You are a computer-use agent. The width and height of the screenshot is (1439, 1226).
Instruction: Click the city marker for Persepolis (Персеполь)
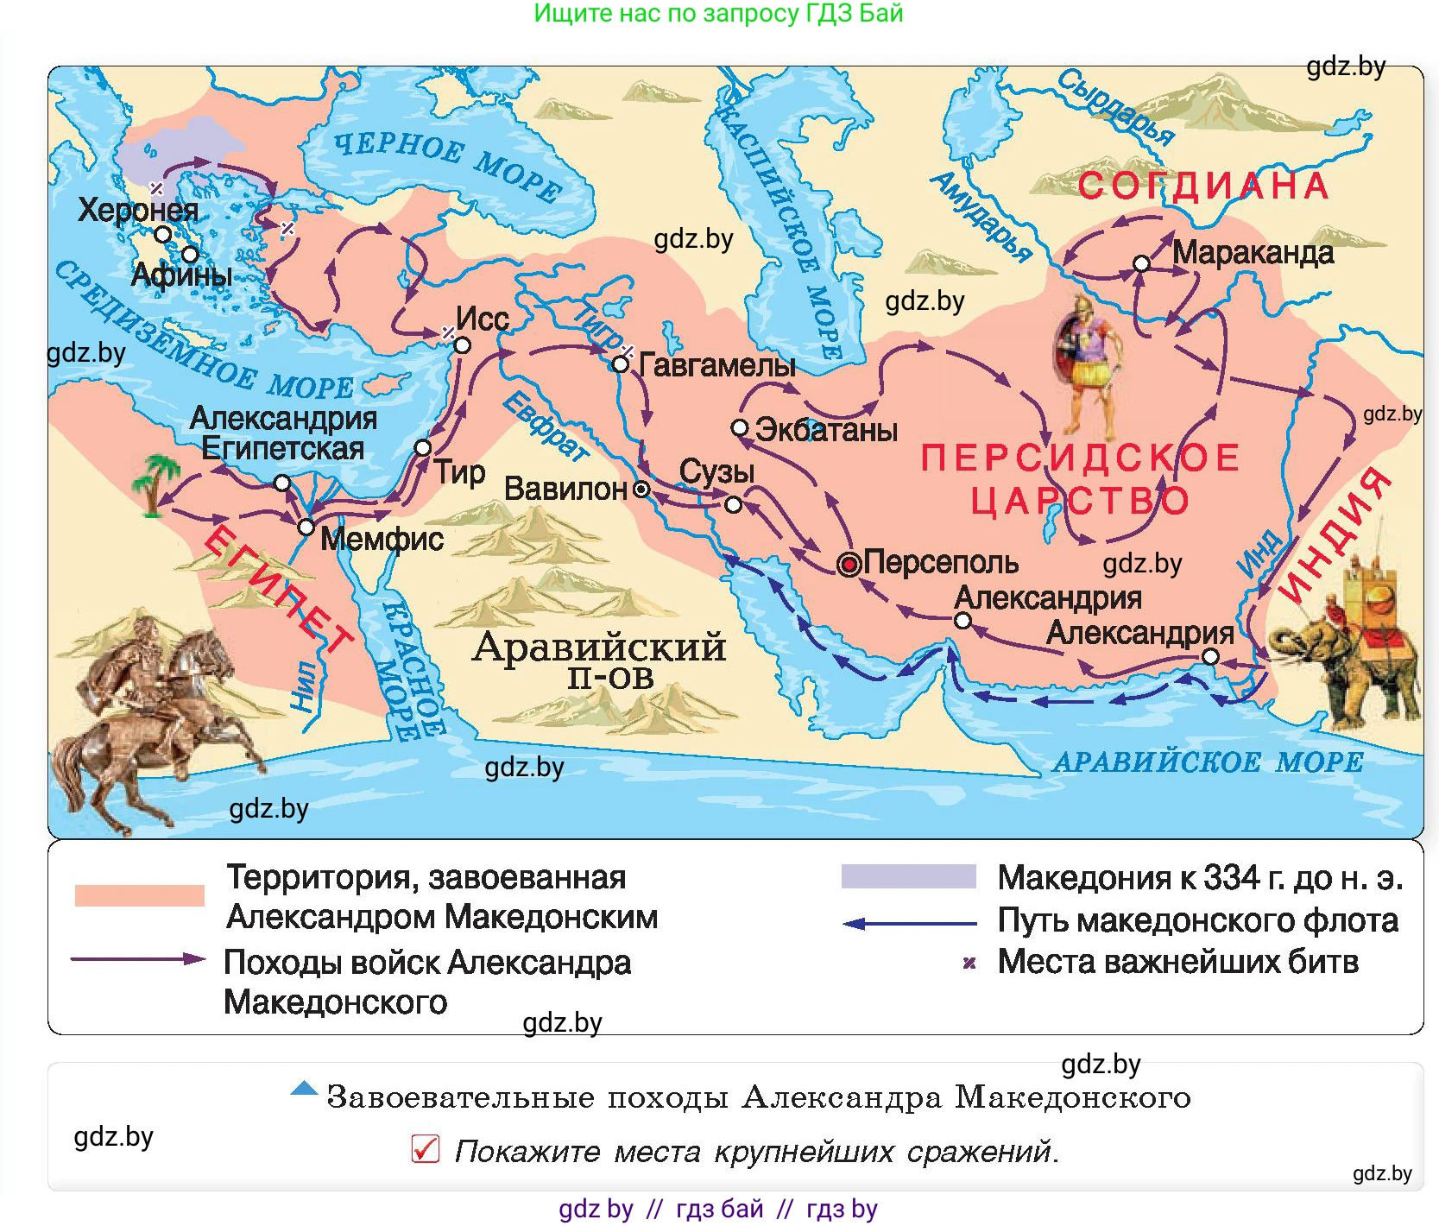click(x=849, y=565)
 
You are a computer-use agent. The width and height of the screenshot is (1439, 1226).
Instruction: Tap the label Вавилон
click(x=565, y=490)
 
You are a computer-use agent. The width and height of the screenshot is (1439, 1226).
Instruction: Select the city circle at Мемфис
click(x=306, y=527)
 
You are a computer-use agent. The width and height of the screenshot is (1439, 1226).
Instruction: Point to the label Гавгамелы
click(x=716, y=365)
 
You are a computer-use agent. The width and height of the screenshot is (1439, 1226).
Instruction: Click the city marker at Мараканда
click(x=1141, y=263)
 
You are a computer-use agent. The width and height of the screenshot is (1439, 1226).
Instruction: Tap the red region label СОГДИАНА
click(x=1203, y=186)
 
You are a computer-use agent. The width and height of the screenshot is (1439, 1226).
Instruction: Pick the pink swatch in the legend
click(x=139, y=895)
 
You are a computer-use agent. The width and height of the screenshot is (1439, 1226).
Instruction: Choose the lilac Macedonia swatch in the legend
click(x=908, y=876)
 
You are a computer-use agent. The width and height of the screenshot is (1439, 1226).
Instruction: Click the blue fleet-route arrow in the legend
click(x=908, y=924)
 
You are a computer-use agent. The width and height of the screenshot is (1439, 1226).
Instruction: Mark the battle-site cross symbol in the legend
click(x=969, y=963)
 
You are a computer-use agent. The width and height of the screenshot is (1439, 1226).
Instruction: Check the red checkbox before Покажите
click(x=426, y=1149)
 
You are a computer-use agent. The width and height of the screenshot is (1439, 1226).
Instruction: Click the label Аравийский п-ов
click(x=600, y=660)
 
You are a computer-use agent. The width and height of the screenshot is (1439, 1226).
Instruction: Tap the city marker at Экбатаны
click(x=739, y=428)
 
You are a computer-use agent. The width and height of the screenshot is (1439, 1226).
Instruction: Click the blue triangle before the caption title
click(x=304, y=1089)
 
